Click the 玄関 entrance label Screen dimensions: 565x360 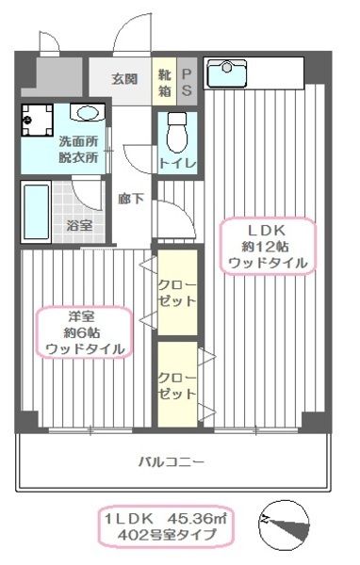point(123,78)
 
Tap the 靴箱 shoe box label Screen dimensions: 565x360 point(165,84)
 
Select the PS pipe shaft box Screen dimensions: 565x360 point(187,84)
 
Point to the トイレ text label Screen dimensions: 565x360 point(177,164)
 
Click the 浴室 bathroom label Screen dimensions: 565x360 point(79,225)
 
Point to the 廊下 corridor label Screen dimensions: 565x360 point(131,200)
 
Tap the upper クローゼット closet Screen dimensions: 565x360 point(176,293)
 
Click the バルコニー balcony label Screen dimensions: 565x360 point(172,461)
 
